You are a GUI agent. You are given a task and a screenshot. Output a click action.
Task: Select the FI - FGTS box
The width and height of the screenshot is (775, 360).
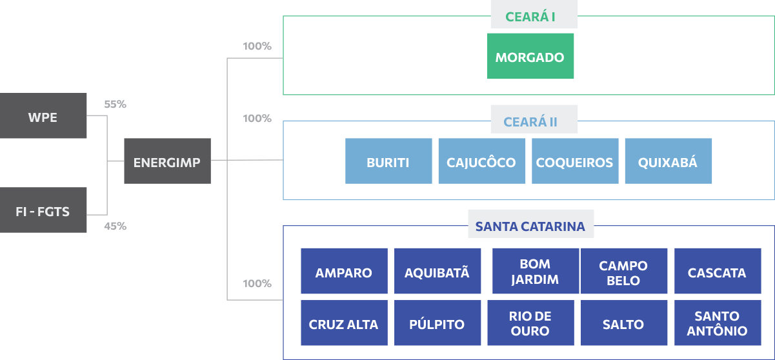[43, 210]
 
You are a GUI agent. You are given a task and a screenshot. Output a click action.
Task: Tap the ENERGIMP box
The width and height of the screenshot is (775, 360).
[167, 161]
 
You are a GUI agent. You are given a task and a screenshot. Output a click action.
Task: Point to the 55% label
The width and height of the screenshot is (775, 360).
[115, 104]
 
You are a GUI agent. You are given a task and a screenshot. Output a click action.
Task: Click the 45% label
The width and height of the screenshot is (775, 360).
[115, 226]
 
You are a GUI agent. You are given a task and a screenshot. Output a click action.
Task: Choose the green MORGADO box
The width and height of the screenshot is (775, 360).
[530, 57]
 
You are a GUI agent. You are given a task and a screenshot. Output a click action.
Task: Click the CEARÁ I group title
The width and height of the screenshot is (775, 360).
[530, 17]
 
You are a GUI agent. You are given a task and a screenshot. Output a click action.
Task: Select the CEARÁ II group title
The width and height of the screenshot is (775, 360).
[530, 122]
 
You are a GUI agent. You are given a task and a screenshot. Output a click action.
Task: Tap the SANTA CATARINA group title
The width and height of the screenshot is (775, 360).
[530, 226]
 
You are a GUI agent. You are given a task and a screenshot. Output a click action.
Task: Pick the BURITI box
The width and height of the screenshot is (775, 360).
[388, 161]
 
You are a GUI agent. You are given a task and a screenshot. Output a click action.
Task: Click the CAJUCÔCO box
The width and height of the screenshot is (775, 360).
[481, 161]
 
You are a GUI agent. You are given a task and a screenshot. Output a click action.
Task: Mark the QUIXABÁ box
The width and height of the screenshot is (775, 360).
[668, 161]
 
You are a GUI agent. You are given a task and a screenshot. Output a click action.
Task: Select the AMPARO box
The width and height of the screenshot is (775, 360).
[344, 272]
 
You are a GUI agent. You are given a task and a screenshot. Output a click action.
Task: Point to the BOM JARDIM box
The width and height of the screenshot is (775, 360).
[535, 272]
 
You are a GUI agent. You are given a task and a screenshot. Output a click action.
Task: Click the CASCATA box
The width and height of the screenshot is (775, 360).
[717, 272]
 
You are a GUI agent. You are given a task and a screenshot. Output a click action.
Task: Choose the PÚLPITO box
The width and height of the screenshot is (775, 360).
[437, 323]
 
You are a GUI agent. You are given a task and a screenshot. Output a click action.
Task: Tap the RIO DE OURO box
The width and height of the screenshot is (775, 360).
[530, 323]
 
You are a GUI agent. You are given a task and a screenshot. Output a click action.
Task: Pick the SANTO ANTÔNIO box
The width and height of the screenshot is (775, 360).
[717, 323]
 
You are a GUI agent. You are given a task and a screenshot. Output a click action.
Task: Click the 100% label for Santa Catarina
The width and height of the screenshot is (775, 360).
[257, 284]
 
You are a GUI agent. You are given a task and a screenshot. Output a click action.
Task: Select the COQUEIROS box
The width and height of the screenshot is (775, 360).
[574, 161]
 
